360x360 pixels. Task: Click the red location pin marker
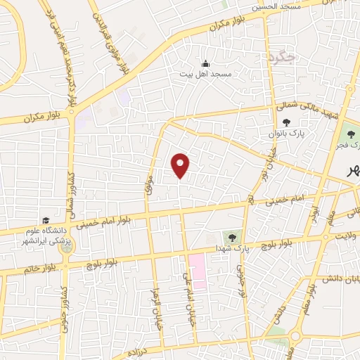pyautogui.click(x=181, y=165)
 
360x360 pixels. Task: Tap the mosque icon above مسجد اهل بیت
pyautogui.click(x=205, y=63)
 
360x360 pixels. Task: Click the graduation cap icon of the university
pyautogui.click(x=46, y=220)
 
